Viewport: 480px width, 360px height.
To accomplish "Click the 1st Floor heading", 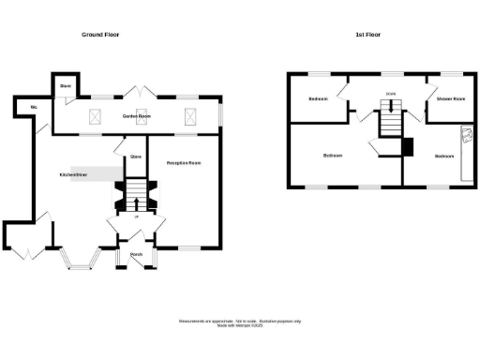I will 368,35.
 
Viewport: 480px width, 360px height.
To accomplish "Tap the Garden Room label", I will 139,116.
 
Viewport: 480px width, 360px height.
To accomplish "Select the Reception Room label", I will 185,163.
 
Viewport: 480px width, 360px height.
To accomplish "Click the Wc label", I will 34,108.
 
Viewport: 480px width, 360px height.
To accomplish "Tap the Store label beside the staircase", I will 135,156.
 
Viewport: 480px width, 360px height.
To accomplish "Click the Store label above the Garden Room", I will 65,85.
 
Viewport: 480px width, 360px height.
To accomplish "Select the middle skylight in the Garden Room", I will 142,116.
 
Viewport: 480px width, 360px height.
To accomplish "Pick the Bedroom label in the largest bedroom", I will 334,155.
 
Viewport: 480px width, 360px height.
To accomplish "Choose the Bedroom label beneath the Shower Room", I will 443,155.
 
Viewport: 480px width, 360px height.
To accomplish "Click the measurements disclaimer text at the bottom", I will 239,322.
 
